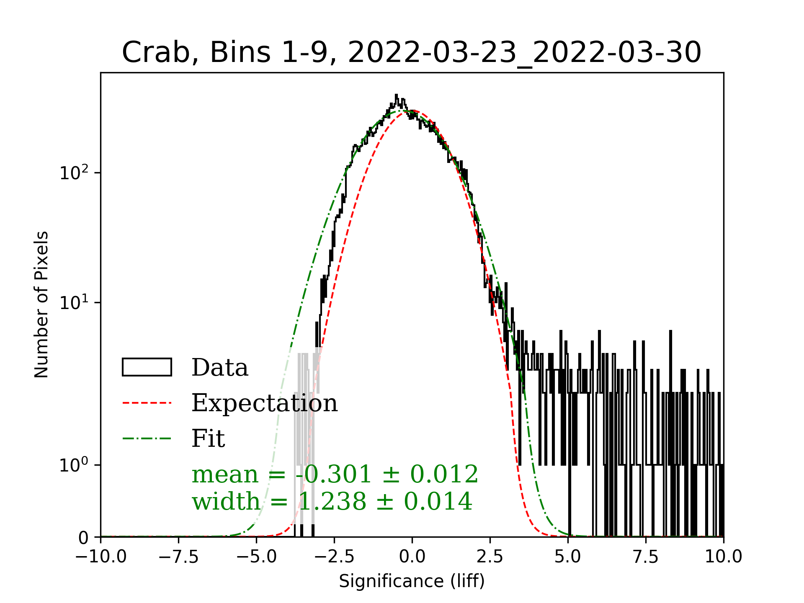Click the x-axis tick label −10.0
coord(101,557)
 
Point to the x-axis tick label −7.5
coord(179,557)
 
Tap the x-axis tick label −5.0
coord(256,557)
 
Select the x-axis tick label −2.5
coord(334,557)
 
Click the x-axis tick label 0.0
coord(412,557)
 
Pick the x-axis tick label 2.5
coord(490,557)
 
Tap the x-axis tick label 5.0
coord(568,557)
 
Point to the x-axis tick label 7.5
coord(646,557)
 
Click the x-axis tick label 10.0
coord(723,557)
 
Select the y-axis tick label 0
coord(83,538)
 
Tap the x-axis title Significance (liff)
coord(412,581)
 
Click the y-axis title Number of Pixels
coord(41,304)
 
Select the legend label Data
coord(220,368)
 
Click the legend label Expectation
coord(264,403)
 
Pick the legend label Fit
coord(208,439)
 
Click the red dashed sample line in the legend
coord(147,403)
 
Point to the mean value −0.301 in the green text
coord(333,474)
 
